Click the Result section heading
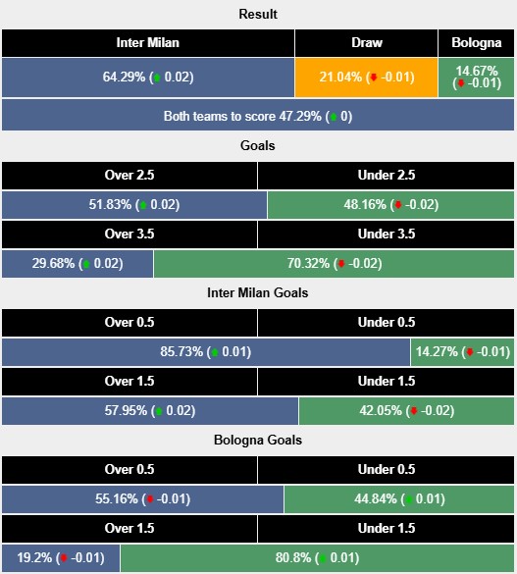(x=258, y=14)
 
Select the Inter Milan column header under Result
(x=148, y=43)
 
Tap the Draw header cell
(x=367, y=43)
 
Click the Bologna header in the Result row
(x=477, y=43)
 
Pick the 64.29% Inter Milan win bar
(x=148, y=77)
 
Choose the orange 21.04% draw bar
(x=367, y=77)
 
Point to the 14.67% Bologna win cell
(x=477, y=77)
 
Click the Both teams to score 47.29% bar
(x=258, y=116)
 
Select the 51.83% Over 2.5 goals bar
(x=134, y=205)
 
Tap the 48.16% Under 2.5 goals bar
(x=391, y=205)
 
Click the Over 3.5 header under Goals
(x=129, y=234)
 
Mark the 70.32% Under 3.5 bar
(x=335, y=263)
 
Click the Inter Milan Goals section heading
(x=258, y=292)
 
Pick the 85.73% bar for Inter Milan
(x=206, y=352)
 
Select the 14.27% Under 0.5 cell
(x=464, y=352)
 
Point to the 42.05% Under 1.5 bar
(x=407, y=411)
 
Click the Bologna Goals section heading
(x=258, y=441)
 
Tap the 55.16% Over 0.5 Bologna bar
(x=142, y=499)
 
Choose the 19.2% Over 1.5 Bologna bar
(x=61, y=558)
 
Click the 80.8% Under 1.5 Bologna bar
(x=318, y=558)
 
